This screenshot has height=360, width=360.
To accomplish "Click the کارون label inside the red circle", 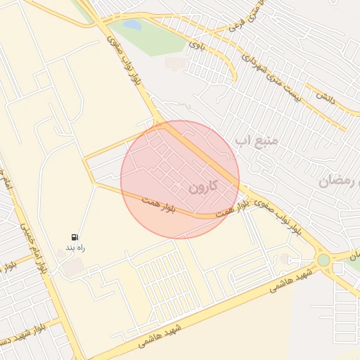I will point(204,188).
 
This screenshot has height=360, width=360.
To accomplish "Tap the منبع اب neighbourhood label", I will point(257,141).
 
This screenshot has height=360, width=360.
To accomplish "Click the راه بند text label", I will point(75,247).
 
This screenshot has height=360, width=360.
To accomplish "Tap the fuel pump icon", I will point(75,238).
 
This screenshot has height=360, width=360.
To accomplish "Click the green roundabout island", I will point(323,260).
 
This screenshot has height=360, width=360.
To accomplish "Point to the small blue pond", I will point(132,25).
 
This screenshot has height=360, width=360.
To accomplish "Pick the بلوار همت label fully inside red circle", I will point(157,205).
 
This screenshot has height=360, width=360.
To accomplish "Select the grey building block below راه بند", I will point(72,268).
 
